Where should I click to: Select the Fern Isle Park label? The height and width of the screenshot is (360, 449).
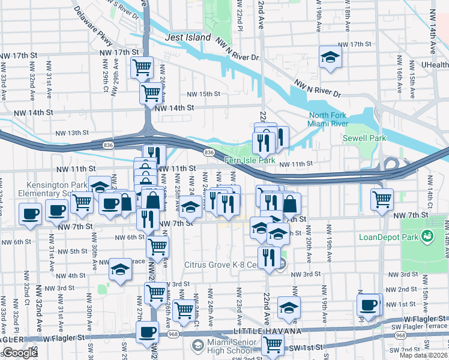[250, 161]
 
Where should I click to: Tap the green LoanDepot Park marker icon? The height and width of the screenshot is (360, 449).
[427, 236]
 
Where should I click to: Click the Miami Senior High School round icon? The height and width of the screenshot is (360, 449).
[197, 345]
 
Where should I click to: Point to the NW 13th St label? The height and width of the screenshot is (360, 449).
[72, 133]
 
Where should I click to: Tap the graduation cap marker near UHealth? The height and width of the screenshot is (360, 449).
[330, 58]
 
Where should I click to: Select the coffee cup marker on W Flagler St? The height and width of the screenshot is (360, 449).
[147, 332]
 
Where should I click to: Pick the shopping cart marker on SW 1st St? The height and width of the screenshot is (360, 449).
[273, 345]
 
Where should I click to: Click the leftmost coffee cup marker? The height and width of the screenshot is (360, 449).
[29, 214]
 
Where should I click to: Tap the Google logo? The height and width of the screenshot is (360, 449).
[19, 353]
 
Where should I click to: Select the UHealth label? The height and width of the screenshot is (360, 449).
[435, 65]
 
